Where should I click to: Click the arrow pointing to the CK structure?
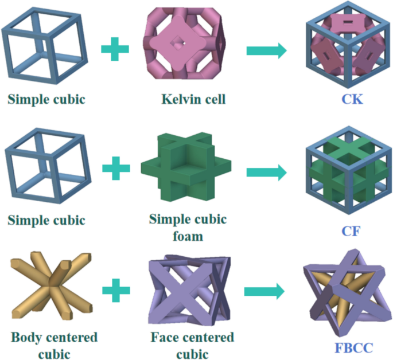[x=266, y=50]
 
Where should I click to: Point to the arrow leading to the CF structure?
[x=266, y=172]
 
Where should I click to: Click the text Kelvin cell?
[x=193, y=99]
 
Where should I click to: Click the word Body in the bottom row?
[x=26, y=336]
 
